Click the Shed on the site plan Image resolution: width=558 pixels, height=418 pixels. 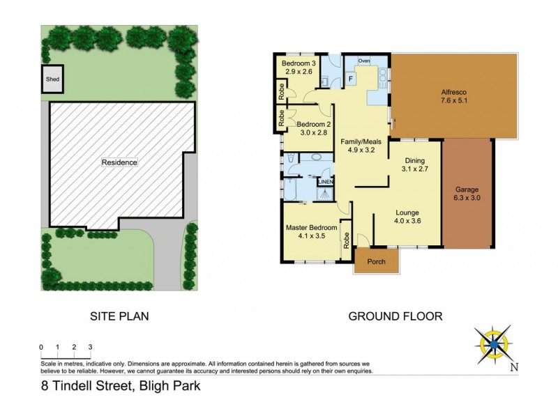point(52,79)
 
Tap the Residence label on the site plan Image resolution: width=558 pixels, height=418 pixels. point(119,162)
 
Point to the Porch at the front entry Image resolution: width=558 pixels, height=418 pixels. point(377,263)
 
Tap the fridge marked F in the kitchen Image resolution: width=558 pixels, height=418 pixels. point(351,79)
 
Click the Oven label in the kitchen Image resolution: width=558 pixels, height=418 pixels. point(363,61)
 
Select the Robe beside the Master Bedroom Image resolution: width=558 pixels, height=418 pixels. point(346,242)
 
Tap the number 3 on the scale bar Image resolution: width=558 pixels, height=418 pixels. point(90,346)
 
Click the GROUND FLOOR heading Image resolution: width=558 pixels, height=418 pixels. point(395,316)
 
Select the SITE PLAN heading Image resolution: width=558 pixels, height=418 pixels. point(120,316)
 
